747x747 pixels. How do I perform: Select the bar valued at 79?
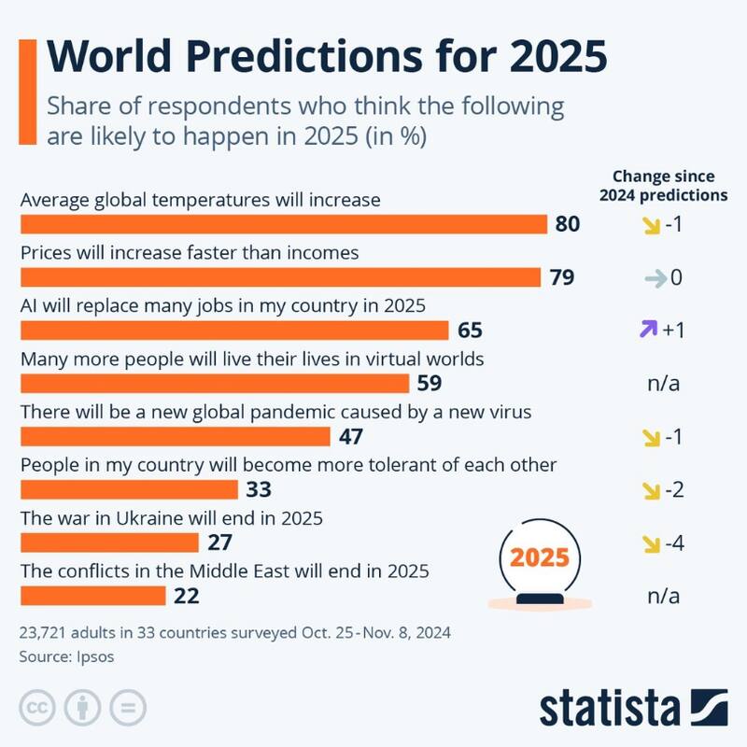click(x=280, y=278)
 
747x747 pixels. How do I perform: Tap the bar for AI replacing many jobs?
click(x=234, y=331)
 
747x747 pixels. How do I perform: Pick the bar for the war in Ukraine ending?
click(x=108, y=543)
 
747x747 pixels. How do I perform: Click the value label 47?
click(x=351, y=437)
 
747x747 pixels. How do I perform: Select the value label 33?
click(x=259, y=490)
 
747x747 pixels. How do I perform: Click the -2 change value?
click(x=672, y=490)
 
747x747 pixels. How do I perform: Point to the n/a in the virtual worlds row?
click(x=663, y=384)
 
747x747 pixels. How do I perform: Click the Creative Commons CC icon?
click(x=35, y=707)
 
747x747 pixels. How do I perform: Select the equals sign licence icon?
click(x=127, y=707)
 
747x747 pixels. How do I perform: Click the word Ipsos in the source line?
click(x=94, y=657)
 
